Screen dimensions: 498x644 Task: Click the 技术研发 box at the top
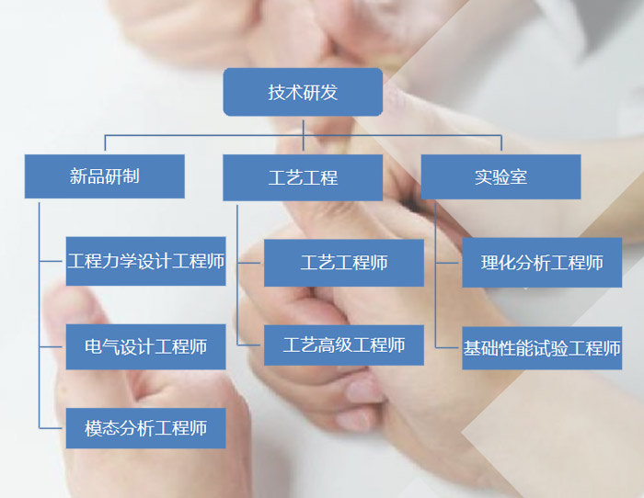pos(303,92)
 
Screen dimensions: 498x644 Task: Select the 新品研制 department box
pos(104,176)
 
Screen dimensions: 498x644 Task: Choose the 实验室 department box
pos(500,176)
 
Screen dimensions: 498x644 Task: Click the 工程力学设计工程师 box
pos(145,262)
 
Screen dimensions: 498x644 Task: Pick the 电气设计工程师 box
pos(145,346)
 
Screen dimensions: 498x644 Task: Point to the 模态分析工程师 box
pos(145,428)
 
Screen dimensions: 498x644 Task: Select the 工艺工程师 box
pos(344,263)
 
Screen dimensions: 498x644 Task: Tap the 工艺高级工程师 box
pos(344,345)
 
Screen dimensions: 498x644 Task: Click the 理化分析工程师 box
pos(542,263)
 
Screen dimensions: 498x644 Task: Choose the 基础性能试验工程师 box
pos(542,348)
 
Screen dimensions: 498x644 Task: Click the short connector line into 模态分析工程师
pos(52,428)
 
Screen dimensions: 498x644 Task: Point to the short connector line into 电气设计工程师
pos(52,346)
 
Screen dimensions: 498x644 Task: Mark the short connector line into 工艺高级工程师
pos(250,345)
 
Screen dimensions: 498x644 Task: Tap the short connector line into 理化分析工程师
pos(448,263)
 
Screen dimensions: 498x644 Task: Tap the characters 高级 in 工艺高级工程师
pos(335,345)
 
